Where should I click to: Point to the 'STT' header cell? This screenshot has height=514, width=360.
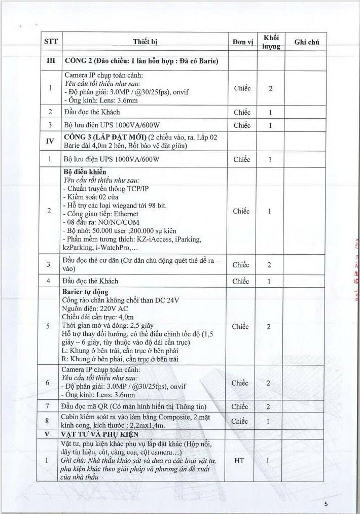coord(51,42)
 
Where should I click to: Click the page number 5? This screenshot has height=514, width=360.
coord(327,504)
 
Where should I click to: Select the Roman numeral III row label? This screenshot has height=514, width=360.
coord(51,62)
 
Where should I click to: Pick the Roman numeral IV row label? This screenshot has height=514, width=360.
coord(51,141)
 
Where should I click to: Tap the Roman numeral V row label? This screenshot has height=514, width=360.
coord(51,434)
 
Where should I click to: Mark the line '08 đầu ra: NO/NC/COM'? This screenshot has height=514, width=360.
coord(99,222)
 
